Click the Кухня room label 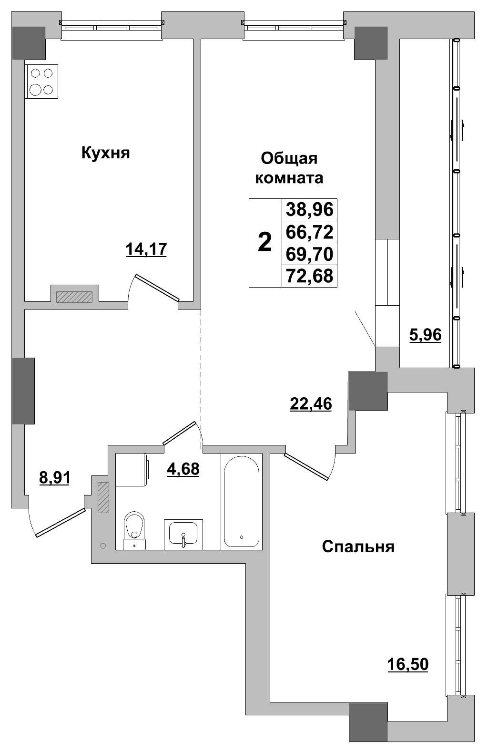(105, 154)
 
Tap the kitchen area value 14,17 (146, 249)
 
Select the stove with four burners (41, 82)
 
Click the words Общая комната (289, 168)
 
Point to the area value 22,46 (311, 403)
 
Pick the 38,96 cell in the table (309, 209)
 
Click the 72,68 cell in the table (309, 276)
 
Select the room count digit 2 (264, 243)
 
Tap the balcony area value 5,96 (426, 335)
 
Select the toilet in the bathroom (134, 530)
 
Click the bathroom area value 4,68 (183, 469)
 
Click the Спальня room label (358, 547)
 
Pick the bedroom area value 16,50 (407, 664)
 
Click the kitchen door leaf (157, 288)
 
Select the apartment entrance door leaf (61, 523)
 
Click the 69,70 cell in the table (309, 254)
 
